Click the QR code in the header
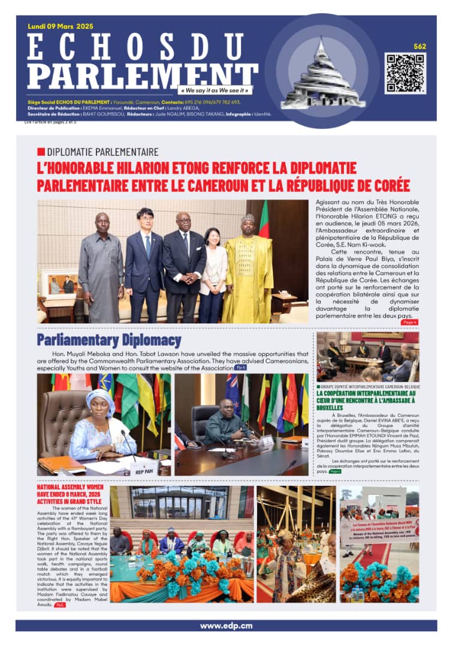[405, 73]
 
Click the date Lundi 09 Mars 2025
[61, 26]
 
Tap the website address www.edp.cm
[226, 625]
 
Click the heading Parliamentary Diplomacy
[108, 341]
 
